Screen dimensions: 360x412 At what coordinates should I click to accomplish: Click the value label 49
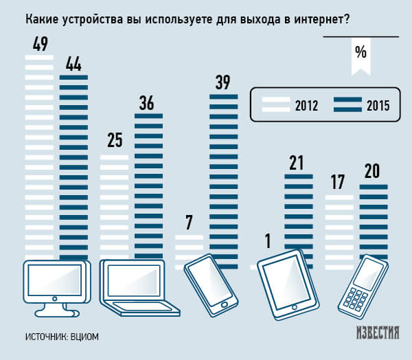pyautogui.click(x=39, y=45)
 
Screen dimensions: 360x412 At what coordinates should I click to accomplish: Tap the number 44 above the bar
pyautogui.click(x=74, y=64)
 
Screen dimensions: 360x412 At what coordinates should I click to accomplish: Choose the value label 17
pyautogui.click(x=336, y=182)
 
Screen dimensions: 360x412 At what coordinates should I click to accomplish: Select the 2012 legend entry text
pyautogui.click(x=306, y=106)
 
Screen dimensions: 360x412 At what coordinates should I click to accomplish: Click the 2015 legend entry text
pyautogui.click(x=378, y=106)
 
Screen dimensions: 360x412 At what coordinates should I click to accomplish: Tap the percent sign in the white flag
pyautogui.click(x=360, y=51)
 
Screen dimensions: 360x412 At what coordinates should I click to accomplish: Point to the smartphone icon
pyautogui.click(x=209, y=282)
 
